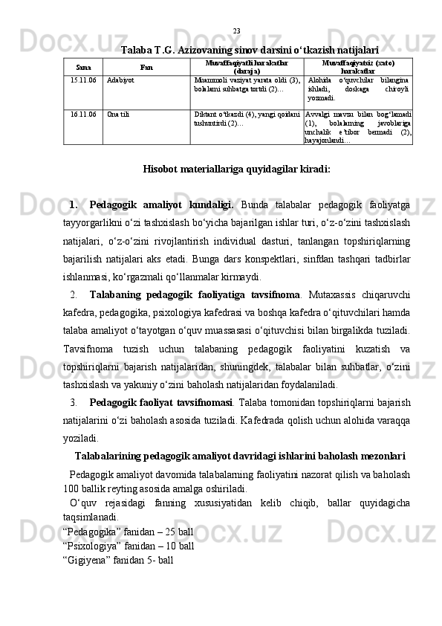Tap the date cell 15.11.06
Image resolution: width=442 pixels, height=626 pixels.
[83, 78]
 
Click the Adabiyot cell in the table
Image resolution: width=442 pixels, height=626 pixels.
[120, 78]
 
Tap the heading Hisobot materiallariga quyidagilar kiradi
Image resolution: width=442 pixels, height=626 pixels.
[236, 169]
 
